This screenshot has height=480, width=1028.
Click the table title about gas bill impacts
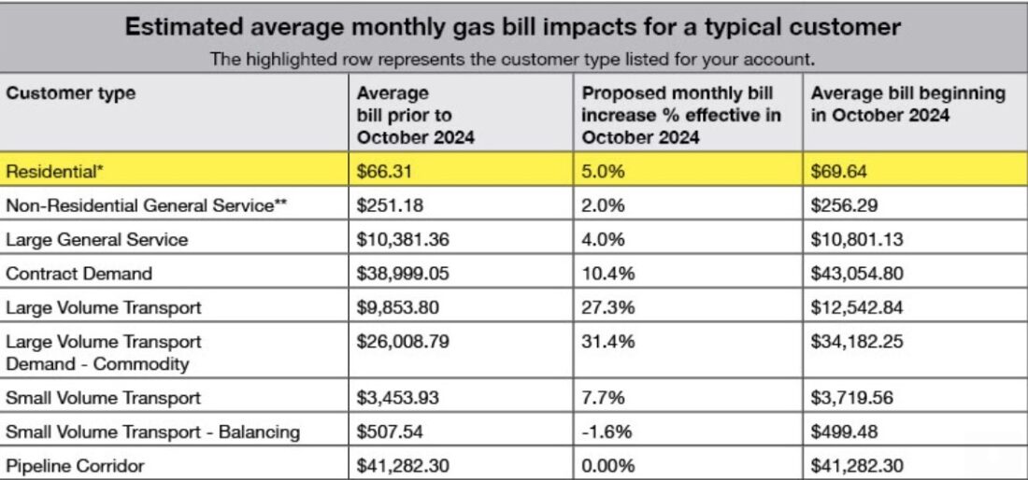click(513, 26)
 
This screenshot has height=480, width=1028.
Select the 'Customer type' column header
click(71, 93)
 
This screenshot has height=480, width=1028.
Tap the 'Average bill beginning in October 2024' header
click(907, 105)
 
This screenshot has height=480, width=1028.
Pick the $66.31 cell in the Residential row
click(386, 171)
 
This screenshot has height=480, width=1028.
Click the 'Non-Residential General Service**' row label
click(146, 205)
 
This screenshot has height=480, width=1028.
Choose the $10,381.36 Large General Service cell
click(403, 239)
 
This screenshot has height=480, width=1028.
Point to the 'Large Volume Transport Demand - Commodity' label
click(104, 352)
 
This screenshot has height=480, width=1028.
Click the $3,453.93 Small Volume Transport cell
click(398, 398)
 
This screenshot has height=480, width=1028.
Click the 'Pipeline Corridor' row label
click(76, 464)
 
